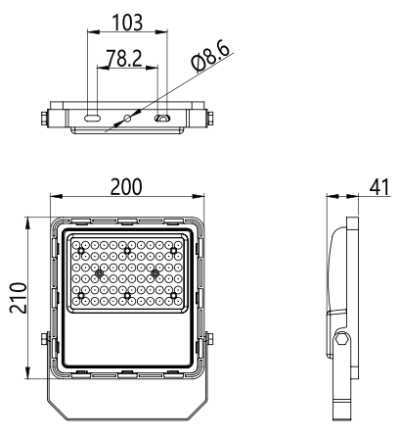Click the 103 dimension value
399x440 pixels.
tap(127, 23)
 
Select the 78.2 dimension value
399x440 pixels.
tap(124, 59)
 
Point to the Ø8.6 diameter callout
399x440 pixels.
tap(211, 56)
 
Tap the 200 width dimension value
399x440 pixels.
tap(126, 186)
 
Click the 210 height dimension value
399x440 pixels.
tap(18, 298)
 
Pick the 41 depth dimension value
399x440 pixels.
tap(379, 187)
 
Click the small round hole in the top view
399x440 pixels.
tap(127, 118)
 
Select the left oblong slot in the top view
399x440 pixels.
tap(92, 118)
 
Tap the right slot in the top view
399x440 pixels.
tap(162, 118)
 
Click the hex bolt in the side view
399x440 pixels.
tap(342, 339)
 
